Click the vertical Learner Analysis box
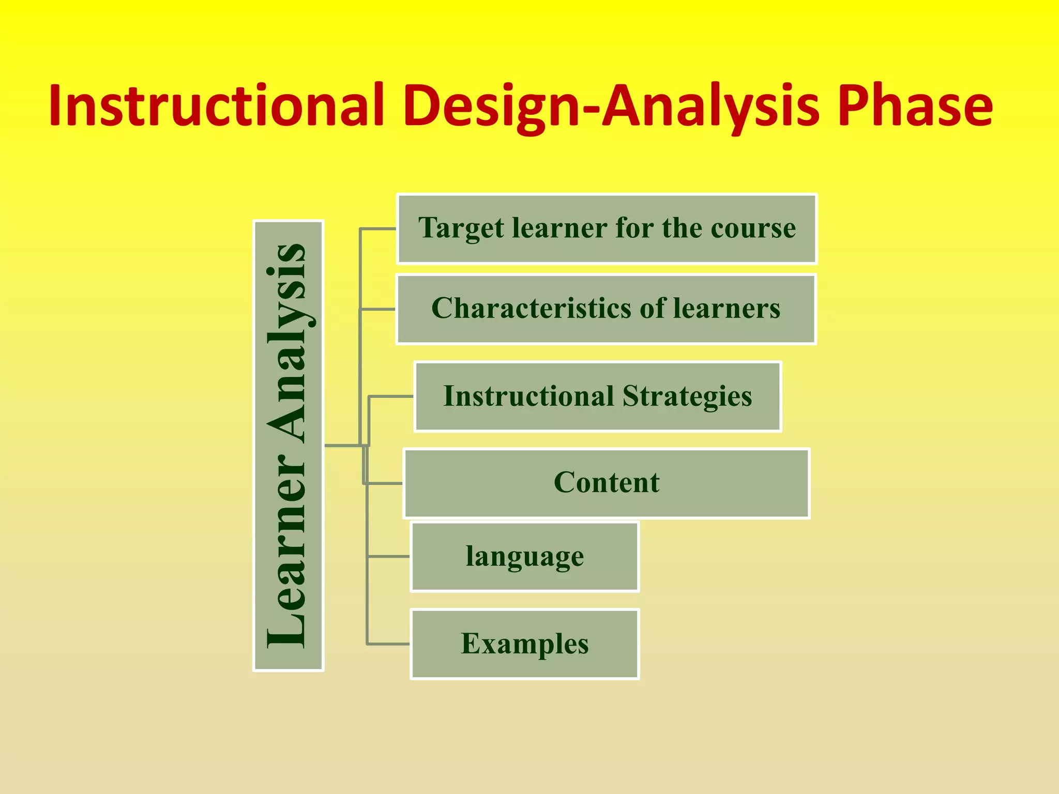[x=288, y=446]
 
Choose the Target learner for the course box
[x=607, y=228]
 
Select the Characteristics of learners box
[x=606, y=309]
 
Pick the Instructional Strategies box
[x=597, y=396]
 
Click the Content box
[x=606, y=483]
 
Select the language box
[x=524, y=557]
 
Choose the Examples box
[x=524, y=644]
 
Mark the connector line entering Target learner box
[x=378, y=228]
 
